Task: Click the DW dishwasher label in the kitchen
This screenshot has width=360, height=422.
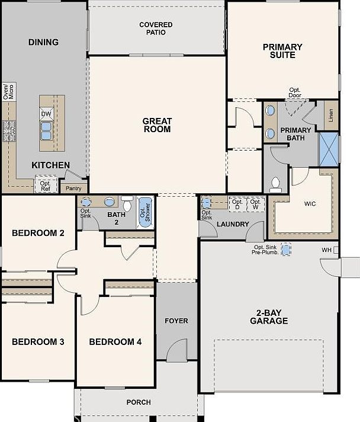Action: click(46, 113)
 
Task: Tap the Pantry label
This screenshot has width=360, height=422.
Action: click(73, 188)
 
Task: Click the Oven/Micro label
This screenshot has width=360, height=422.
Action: click(8, 91)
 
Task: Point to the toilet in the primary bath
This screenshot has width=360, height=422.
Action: click(275, 184)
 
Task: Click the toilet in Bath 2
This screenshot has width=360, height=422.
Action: click(127, 202)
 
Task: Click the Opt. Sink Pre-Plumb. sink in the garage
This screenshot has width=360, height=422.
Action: click(287, 250)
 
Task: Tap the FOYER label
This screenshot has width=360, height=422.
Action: click(176, 321)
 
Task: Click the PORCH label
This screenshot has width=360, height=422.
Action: click(139, 402)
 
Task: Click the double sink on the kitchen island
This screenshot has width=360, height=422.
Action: click(46, 129)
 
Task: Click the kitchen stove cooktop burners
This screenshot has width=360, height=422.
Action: click(8, 131)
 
